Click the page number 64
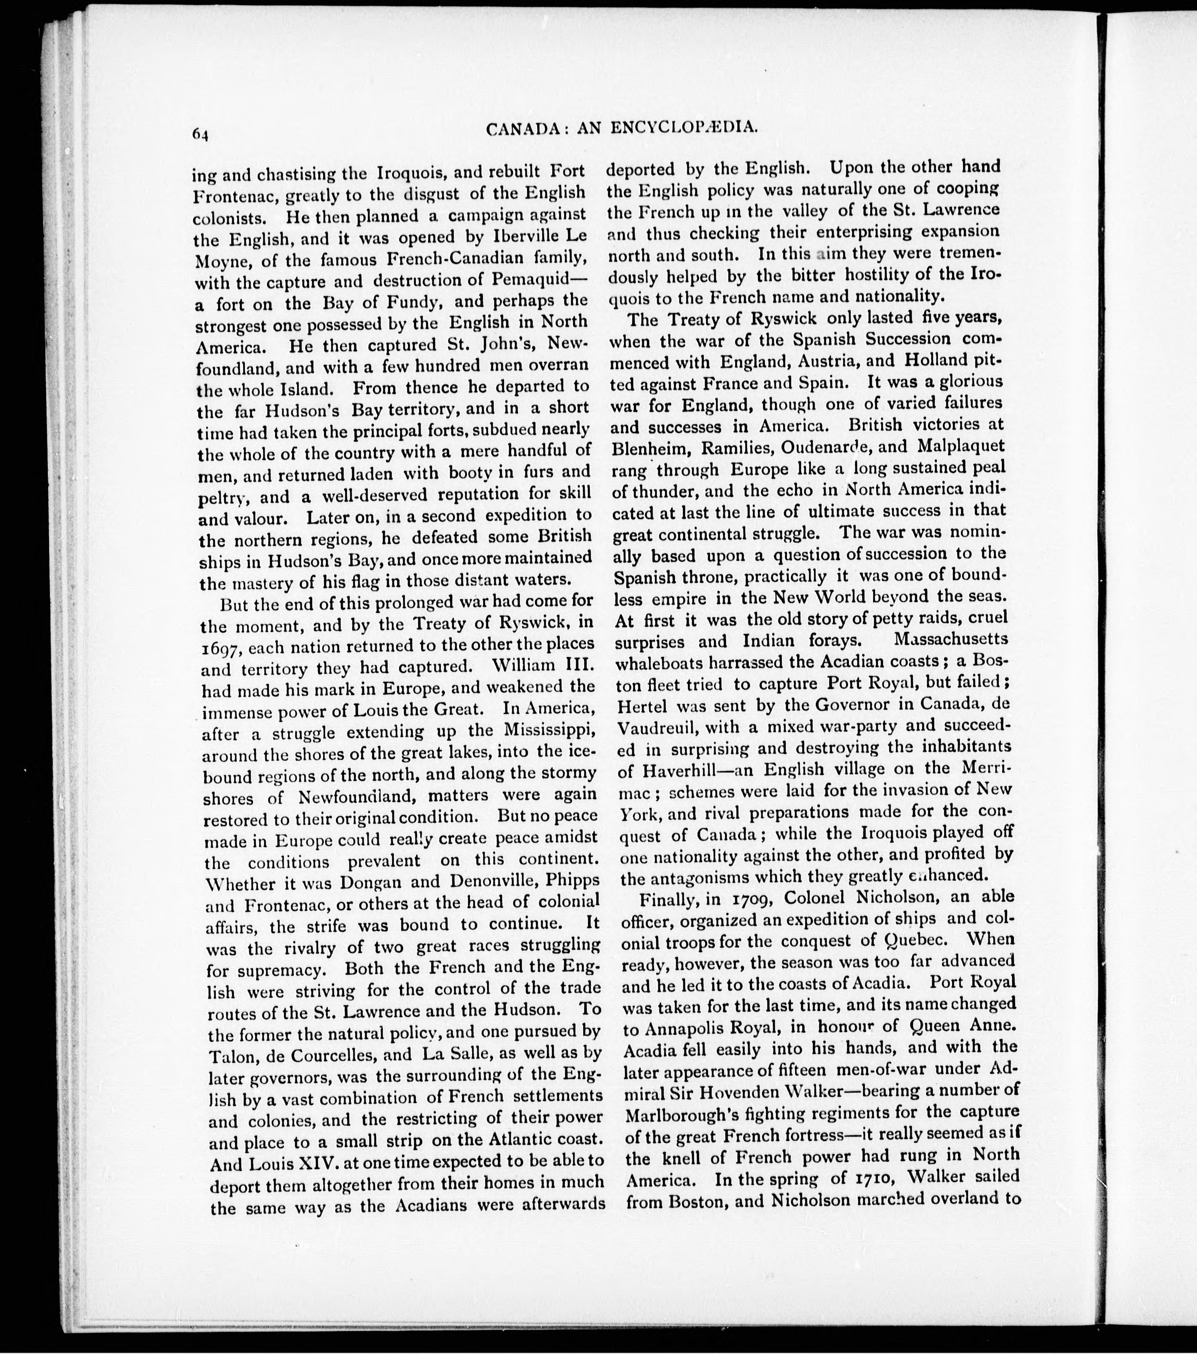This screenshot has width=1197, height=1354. point(200,133)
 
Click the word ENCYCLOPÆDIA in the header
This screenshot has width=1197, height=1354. point(683,128)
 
